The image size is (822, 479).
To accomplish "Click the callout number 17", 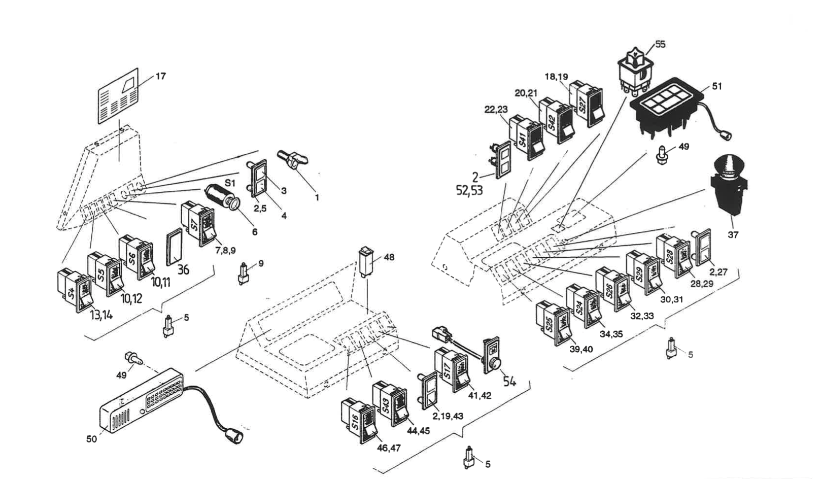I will pos(160,77).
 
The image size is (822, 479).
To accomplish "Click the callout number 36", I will pos(183,269).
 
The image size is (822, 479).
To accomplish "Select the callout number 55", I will pos(660,45).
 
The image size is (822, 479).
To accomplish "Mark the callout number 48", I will pos(389,257).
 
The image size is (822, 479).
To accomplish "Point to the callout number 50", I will pos(91,439).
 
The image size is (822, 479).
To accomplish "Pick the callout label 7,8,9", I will pos(225,250).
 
